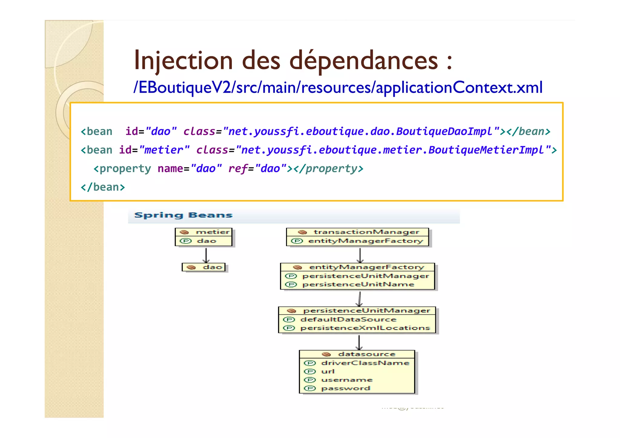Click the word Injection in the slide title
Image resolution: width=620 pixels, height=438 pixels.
(183, 61)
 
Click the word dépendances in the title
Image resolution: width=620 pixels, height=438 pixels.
(364, 61)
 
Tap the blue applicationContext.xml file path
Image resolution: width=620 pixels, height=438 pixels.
(338, 87)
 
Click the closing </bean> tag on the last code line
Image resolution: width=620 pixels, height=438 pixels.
(103, 187)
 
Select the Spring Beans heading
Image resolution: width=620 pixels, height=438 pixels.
(183, 215)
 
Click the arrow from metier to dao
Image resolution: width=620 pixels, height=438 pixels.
(206, 255)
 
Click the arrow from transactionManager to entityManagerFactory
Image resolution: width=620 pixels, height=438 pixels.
(360, 255)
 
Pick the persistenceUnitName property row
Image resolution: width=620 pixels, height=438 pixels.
(358, 285)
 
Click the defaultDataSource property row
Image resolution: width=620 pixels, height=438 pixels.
(348, 319)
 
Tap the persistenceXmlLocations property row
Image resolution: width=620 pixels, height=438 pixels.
(365, 328)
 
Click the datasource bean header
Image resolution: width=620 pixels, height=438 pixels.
(366, 354)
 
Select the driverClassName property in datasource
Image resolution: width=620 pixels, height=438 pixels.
(365, 363)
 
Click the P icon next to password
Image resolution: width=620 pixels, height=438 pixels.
(310, 388)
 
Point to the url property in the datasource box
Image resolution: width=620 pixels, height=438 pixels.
(328, 371)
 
